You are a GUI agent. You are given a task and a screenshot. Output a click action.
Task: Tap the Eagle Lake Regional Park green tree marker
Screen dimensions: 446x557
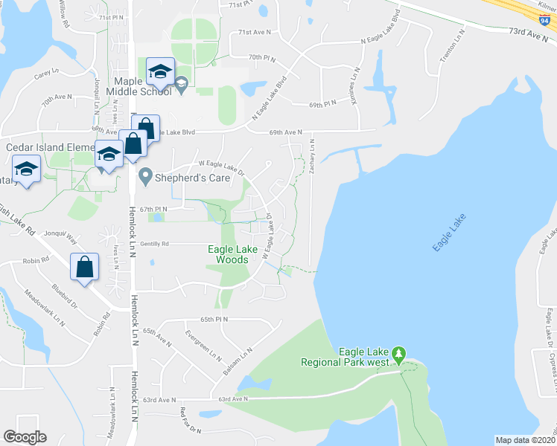(x=399, y=352)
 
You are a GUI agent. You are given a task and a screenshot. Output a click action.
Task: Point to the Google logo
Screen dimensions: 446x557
(x=25, y=437)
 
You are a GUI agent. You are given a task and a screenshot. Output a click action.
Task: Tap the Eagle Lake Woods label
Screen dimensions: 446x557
(x=227, y=255)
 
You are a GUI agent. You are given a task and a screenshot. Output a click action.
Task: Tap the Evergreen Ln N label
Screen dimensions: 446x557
(x=206, y=345)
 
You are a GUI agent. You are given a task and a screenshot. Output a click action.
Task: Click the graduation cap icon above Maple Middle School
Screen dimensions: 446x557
(x=159, y=72)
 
